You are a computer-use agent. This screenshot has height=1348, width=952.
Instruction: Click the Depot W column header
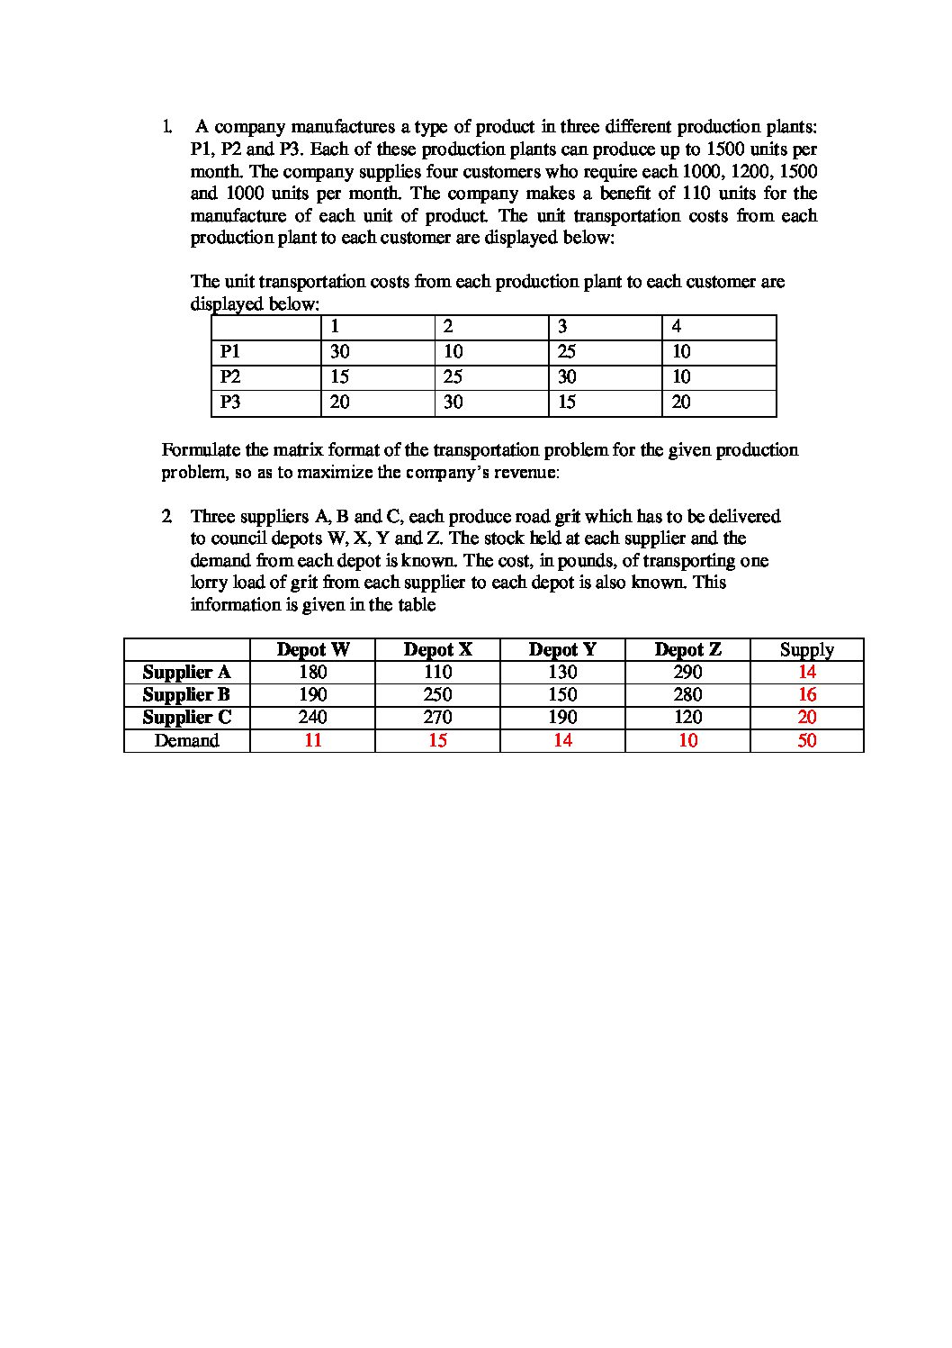(312, 649)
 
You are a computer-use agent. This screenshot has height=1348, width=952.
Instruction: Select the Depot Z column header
(687, 649)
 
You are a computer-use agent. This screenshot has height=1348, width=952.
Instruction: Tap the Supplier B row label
(186, 694)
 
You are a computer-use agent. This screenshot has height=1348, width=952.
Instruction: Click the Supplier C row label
(186, 717)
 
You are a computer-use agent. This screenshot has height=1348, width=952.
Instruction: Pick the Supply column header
(806, 649)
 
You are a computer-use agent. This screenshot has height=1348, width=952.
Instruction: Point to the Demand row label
(186, 740)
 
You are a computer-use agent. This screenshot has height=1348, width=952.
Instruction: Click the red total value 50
(807, 740)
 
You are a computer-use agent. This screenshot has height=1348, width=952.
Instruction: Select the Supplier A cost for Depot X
(437, 672)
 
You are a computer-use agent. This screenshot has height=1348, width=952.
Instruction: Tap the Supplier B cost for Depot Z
(687, 694)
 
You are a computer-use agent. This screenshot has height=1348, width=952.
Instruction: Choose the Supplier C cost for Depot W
(312, 717)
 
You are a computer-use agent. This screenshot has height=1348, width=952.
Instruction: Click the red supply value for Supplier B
(807, 694)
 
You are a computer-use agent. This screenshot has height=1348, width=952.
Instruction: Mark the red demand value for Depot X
(437, 740)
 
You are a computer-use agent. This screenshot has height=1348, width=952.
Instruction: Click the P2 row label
(231, 376)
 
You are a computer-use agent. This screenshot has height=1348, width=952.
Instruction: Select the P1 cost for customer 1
(339, 351)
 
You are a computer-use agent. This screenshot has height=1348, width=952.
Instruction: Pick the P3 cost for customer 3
(566, 402)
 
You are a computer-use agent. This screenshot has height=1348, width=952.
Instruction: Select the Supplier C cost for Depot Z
(687, 717)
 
